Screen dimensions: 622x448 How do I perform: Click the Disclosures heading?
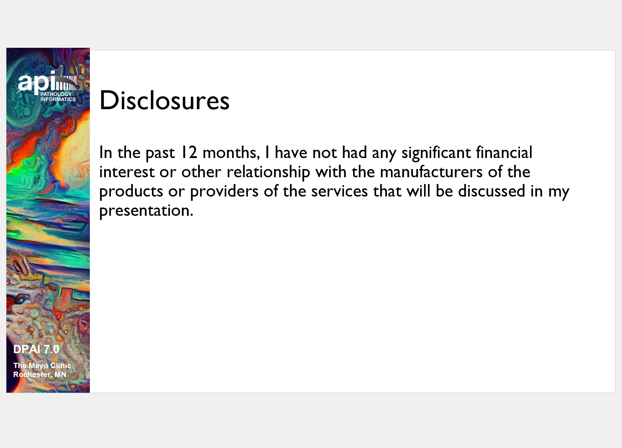[164, 100]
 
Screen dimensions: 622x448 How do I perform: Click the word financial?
[504, 152]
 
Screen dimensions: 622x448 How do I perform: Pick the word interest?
[127, 172]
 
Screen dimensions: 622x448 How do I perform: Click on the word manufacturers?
[431, 172]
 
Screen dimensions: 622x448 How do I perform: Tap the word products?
[131, 192]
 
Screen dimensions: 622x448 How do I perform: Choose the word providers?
[224, 192]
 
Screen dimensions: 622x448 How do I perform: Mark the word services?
[340, 191]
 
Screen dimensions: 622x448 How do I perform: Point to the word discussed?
[492, 191]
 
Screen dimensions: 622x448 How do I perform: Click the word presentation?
[146, 211]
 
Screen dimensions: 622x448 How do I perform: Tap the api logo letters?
[37, 82]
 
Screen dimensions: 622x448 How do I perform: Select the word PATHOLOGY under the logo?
[56, 94]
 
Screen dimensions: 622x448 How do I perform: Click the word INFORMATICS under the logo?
[58, 99]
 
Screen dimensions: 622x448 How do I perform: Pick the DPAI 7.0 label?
[36, 349]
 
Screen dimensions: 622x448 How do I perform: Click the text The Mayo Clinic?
[42, 366]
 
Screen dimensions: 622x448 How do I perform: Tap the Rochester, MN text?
[40, 375]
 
